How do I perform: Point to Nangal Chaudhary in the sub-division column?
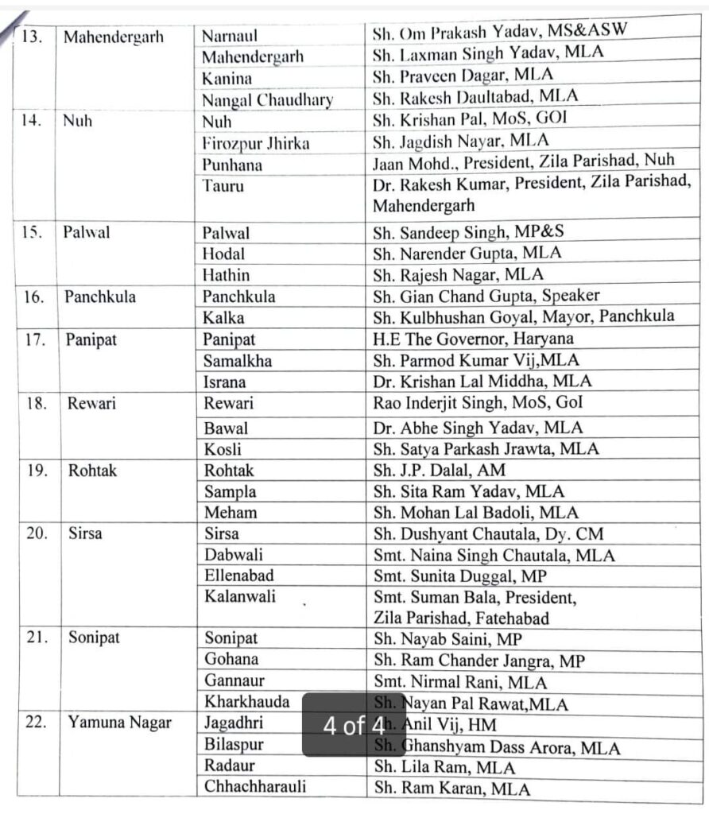267,100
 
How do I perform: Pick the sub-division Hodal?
224,254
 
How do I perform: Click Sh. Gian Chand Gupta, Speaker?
486,296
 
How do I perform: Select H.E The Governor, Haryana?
474,339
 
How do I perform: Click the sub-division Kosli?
223,449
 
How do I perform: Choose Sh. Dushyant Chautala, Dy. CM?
489,534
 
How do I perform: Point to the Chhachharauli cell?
254,787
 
